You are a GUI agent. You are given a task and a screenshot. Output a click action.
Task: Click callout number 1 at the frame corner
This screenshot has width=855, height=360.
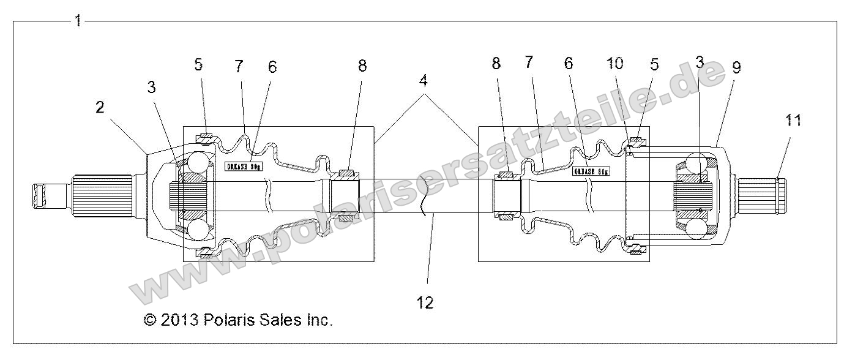click(x=77, y=20)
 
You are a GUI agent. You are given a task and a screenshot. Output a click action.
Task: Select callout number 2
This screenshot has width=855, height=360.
click(x=100, y=108)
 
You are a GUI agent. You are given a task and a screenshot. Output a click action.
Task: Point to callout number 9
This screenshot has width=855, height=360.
click(x=736, y=67)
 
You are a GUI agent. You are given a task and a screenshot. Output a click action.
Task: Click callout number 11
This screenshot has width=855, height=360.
click(x=793, y=120)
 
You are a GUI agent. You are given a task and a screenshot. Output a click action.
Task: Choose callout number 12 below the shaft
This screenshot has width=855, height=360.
click(x=427, y=302)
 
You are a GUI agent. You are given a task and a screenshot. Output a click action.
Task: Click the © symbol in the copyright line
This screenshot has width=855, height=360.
click(x=149, y=320)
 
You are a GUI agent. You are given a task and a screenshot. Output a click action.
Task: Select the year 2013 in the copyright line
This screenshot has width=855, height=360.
click(x=180, y=320)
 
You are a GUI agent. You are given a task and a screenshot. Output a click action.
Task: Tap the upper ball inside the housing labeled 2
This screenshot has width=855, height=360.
click(x=200, y=163)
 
